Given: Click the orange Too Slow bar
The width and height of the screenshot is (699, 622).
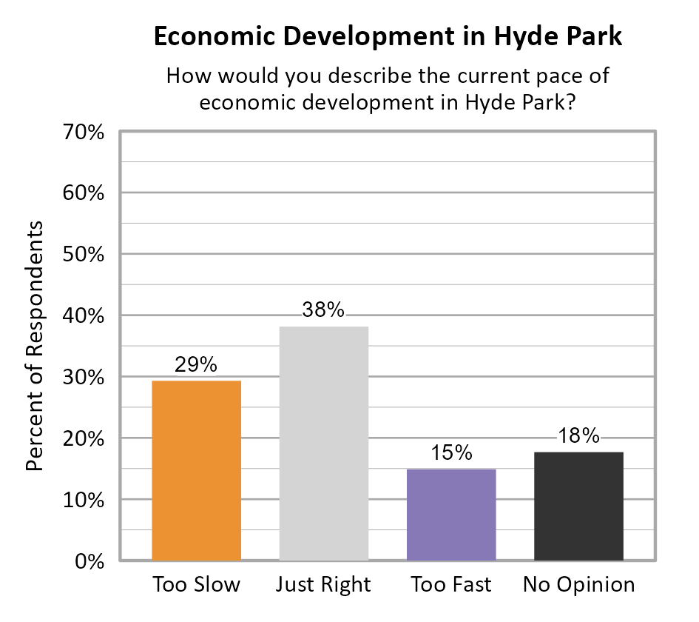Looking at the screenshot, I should click(x=196, y=470).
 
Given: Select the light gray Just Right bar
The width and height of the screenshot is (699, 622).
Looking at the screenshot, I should click(x=323, y=443).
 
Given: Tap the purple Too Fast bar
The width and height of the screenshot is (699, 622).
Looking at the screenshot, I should click(x=451, y=514).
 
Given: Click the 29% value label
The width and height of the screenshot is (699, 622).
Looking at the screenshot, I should click(x=196, y=364).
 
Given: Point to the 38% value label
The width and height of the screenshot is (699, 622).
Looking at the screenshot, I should click(x=323, y=310).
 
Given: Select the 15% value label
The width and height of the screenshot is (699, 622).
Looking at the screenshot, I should click(x=451, y=452).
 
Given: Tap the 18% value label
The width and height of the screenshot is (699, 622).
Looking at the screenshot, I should click(x=578, y=436).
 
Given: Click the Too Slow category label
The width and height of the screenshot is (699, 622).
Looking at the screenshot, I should click(x=196, y=584).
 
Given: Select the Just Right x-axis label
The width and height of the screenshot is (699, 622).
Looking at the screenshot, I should click(x=323, y=585).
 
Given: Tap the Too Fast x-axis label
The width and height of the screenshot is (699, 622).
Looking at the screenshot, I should click(x=451, y=584).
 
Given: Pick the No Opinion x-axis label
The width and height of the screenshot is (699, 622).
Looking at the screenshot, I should click(x=578, y=585).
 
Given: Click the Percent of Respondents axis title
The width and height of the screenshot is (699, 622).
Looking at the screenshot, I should click(x=35, y=346).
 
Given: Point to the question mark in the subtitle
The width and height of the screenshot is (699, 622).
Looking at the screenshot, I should click(x=570, y=103).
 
